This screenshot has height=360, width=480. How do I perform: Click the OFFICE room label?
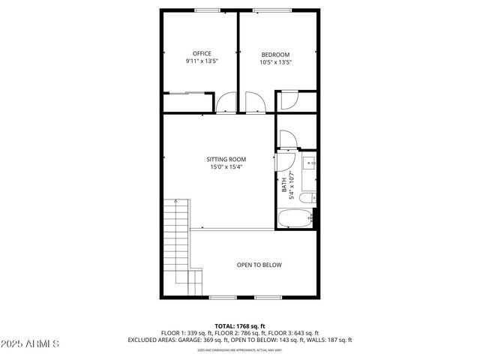[x=201, y=53]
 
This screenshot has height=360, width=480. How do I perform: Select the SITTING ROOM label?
[x=226, y=159]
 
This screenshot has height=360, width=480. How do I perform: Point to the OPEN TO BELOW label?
[x=259, y=265]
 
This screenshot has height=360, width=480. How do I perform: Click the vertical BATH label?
[x=283, y=184]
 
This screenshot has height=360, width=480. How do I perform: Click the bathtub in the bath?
[x=295, y=220]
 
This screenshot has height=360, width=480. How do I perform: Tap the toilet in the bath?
[x=307, y=199]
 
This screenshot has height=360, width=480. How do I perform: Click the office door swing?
[x=225, y=103]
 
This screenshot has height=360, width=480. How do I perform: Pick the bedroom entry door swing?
[x=253, y=103]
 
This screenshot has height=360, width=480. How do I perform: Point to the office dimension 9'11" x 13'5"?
[x=201, y=62]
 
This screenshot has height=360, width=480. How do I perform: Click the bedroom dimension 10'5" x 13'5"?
[x=276, y=63]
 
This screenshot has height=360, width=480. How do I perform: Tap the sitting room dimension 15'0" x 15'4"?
[x=226, y=168]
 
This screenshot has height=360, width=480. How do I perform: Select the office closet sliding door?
[x=185, y=93]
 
